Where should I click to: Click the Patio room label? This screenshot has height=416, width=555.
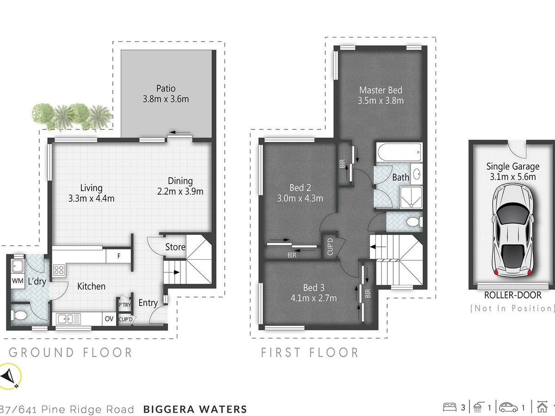[x=166, y=88]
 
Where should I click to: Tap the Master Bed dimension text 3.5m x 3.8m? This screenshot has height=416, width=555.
[x=381, y=101]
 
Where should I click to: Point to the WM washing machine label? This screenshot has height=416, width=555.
[x=18, y=281]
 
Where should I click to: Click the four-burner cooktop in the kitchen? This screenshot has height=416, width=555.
[x=59, y=270]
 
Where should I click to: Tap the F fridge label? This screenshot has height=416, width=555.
[x=119, y=256]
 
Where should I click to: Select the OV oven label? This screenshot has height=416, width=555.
[x=109, y=319]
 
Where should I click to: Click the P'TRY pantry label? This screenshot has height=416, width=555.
[x=125, y=305]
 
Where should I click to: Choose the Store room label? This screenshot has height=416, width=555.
[x=175, y=247]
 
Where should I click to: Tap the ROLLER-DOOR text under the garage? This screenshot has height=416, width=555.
[x=512, y=295]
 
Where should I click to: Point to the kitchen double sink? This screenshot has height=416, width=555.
[x=68, y=319]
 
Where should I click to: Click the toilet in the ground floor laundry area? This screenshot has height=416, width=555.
[x=19, y=315]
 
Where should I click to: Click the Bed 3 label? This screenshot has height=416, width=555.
[x=314, y=288]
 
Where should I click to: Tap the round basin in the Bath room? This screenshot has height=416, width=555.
[x=417, y=174]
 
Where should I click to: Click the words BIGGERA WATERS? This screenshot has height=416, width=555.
[x=195, y=409]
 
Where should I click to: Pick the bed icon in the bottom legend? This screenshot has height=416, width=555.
[x=450, y=407]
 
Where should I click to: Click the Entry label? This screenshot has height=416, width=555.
[x=148, y=303]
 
